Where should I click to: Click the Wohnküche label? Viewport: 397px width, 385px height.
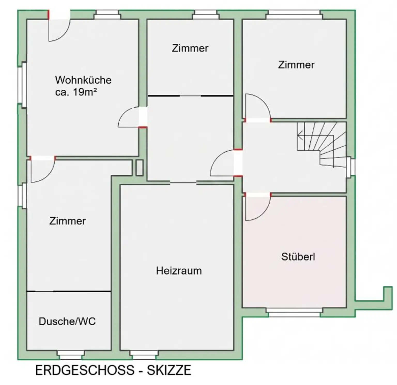83,80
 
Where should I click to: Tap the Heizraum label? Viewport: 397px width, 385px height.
179,271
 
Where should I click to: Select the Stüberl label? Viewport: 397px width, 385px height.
298,257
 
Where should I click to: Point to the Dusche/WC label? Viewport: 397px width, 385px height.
67,321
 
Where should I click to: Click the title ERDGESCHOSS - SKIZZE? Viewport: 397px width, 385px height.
113,370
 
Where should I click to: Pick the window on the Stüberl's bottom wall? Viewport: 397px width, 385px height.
294,312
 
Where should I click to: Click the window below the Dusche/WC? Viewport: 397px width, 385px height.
71,355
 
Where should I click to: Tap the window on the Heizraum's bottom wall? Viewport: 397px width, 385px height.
144,355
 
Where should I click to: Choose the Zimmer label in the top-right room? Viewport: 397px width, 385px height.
296,65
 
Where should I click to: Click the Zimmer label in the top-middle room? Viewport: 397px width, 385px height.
190,48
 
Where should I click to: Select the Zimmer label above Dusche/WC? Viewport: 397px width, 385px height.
67,221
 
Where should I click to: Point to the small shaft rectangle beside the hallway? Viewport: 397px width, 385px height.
139,168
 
